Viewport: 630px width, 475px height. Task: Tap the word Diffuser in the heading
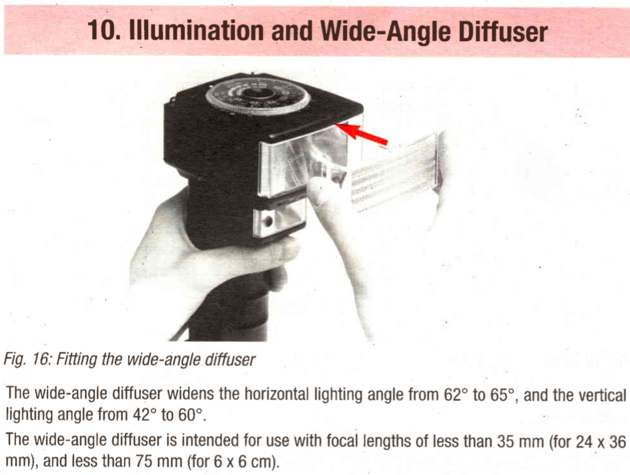coord(503,31)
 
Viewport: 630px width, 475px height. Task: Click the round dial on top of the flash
coord(258,97)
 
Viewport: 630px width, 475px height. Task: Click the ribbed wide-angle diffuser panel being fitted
coord(396,172)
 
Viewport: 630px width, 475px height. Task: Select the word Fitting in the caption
coord(77,359)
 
